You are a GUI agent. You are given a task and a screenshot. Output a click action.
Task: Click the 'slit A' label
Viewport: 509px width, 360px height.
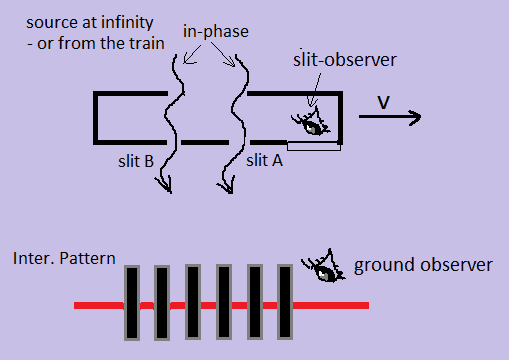tap(264, 161)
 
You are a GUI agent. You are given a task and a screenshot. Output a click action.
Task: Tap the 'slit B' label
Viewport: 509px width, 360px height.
tap(136, 161)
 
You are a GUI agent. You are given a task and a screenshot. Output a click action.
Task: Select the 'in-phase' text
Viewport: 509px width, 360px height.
tap(216, 32)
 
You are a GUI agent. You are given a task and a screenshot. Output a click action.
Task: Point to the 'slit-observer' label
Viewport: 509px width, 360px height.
tap(345, 60)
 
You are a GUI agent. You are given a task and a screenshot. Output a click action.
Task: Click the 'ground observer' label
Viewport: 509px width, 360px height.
tap(423, 266)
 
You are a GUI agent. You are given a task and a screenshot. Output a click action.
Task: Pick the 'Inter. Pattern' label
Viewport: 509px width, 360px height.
tap(64, 258)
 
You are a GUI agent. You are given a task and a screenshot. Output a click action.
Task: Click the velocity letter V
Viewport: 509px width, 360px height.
tap(383, 102)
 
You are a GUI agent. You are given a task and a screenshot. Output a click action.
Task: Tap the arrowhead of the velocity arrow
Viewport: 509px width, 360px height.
tap(415, 117)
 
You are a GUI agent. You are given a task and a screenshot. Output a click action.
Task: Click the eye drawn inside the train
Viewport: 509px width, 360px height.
tap(311, 123)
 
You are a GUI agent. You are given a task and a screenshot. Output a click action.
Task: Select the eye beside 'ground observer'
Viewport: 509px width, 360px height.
tap(324, 267)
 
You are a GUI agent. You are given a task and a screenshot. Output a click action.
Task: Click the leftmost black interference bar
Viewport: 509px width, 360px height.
tap(132, 303)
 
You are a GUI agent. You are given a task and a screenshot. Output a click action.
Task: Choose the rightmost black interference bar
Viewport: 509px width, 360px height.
tap(285, 302)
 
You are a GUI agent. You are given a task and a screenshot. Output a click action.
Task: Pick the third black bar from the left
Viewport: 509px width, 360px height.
tap(193, 302)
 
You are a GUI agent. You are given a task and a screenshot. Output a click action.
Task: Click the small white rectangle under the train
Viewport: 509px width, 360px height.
tap(314, 146)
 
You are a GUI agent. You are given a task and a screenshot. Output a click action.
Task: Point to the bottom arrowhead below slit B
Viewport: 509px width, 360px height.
tap(166, 186)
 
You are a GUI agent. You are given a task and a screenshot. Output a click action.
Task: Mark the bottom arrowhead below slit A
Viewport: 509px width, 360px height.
tap(227, 186)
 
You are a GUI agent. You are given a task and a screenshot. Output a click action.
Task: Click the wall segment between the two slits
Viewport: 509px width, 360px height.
tap(205, 142)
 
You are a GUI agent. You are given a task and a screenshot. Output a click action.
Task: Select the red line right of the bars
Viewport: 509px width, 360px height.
tap(331, 305)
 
